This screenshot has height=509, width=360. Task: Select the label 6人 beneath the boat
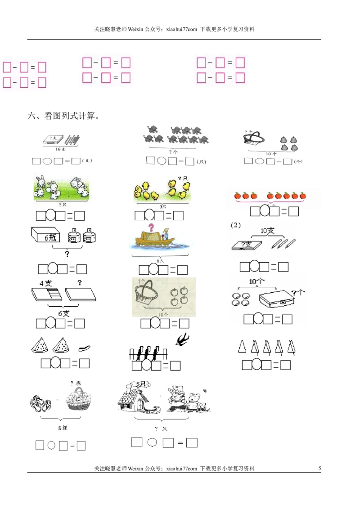[160, 260]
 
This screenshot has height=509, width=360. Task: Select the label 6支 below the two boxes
[63, 313]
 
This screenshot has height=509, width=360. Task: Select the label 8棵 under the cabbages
[62, 428]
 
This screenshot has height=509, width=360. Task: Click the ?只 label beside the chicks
[182, 179]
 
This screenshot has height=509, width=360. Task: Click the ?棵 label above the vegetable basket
[75, 384]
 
